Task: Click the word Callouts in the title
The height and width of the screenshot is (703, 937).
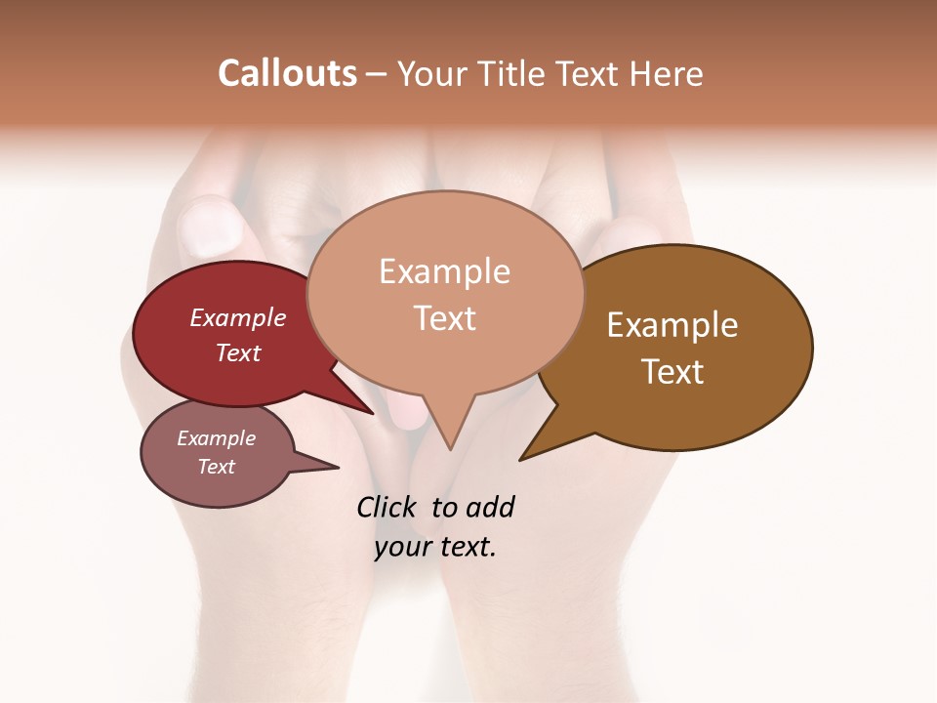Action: pyautogui.click(x=287, y=73)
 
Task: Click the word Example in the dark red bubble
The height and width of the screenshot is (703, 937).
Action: pyautogui.click(x=238, y=317)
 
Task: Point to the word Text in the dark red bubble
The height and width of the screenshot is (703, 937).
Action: pyautogui.click(x=238, y=352)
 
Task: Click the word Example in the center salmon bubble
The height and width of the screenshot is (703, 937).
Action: pyautogui.click(x=444, y=271)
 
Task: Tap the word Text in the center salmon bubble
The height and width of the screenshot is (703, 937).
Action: pyautogui.click(x=444, y=318)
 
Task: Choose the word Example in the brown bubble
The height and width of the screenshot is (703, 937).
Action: pyautogui.click(x=672, y=325)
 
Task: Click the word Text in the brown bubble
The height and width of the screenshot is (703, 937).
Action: pyautogui.click(x=672, y=372)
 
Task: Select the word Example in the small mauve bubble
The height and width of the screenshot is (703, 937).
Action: pyautogui.click(x=216, y=438)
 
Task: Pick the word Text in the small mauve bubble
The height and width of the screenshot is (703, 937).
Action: pyautogui.click(x=216, y=467)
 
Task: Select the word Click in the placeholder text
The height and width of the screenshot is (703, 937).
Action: pyautogui.click(x=388, y=507)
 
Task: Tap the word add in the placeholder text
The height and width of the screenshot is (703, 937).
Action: pyautogui.click(x=489, y=507)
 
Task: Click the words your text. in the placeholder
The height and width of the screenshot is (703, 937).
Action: pyautogui.click(x=435, y=547)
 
